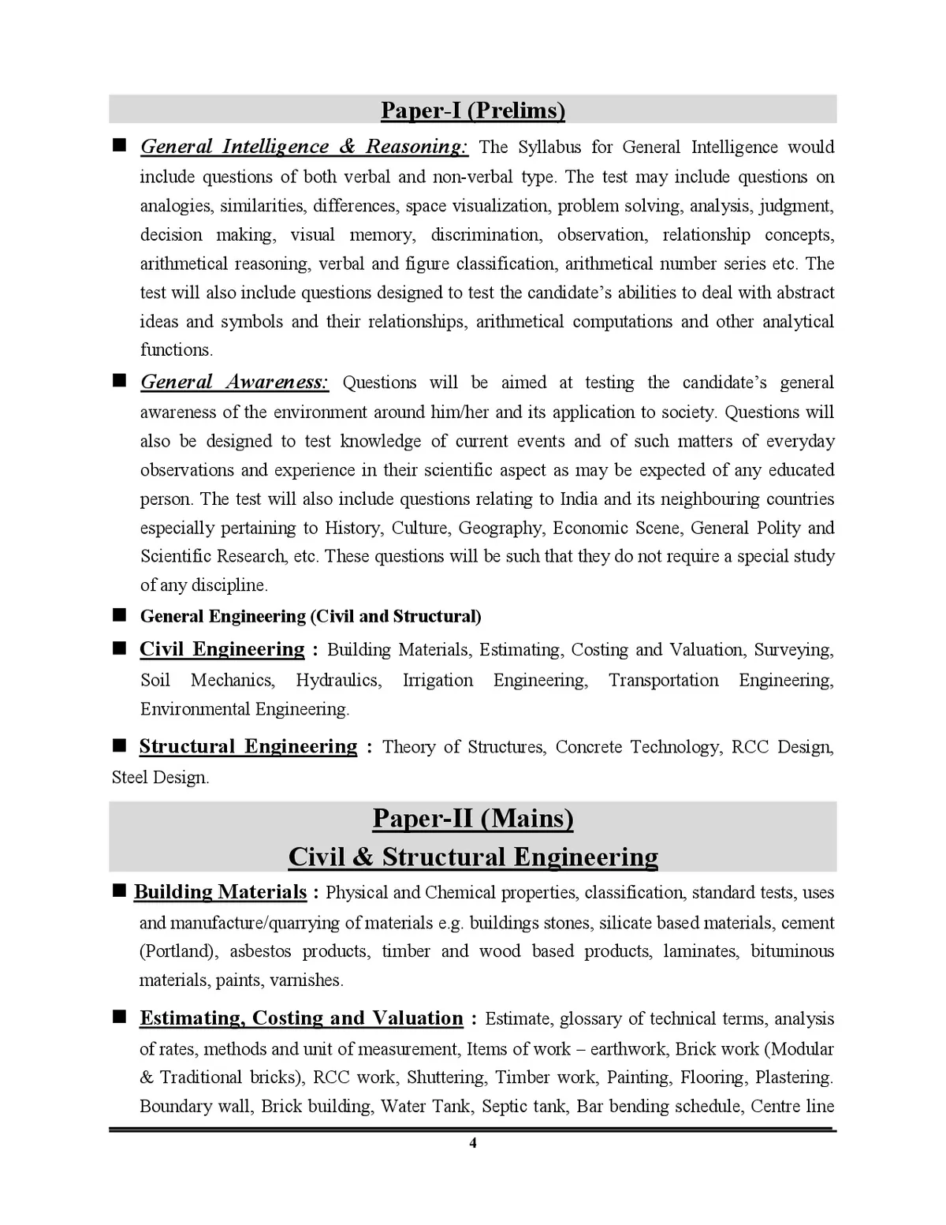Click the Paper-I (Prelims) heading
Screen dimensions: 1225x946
coord(473,110)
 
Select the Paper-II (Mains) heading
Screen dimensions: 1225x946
coord(473,818)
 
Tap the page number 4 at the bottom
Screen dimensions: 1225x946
coord(473,1143)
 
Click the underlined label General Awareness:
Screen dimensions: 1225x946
coord(234,383)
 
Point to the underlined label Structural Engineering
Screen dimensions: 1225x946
coord(248,746)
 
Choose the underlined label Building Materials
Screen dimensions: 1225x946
coord(220,892)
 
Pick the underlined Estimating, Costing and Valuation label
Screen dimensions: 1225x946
coord(301,1018)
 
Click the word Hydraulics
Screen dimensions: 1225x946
coord(338,680)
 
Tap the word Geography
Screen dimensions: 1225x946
coord(500,528)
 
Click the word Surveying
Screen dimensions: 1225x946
coord(793,650)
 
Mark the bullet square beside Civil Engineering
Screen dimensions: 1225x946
coord(120,648)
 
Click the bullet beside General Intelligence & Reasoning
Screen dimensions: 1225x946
coord(120,146)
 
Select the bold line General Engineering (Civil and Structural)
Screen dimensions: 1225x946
coord(311,616)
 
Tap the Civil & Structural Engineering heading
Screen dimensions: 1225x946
coord(473,857)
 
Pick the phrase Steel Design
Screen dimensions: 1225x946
coord(160,778)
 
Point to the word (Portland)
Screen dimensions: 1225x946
coord(179,951)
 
